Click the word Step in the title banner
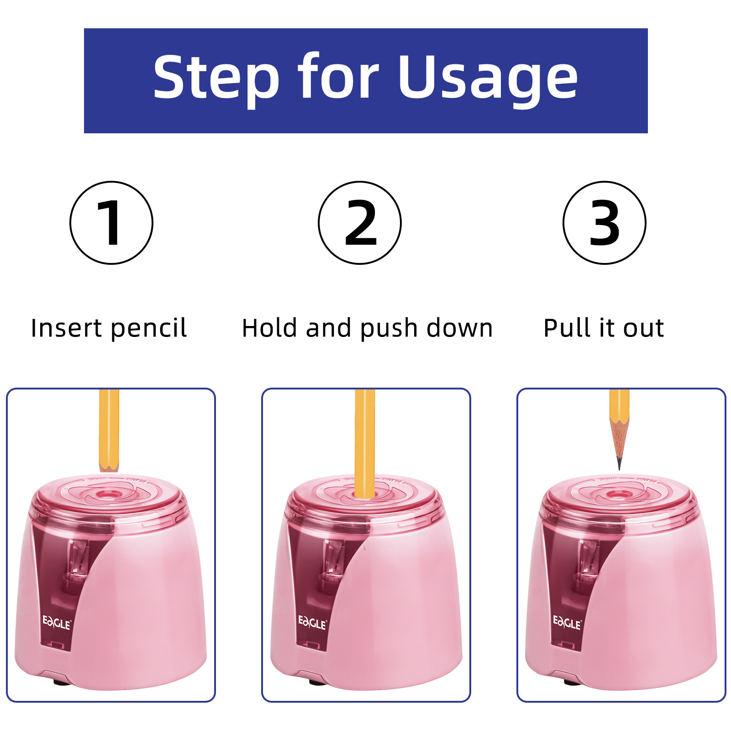pos(216,78)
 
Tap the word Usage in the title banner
pos(488,78)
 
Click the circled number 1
pos(111,223)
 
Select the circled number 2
pos(360,223)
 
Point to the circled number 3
pos(604,223)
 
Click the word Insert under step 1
pos(66,328)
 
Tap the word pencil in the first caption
pos(148,329)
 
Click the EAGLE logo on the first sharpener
pos(57,623)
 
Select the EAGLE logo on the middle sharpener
pos(312,623)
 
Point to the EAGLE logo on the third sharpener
pos(567,623)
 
